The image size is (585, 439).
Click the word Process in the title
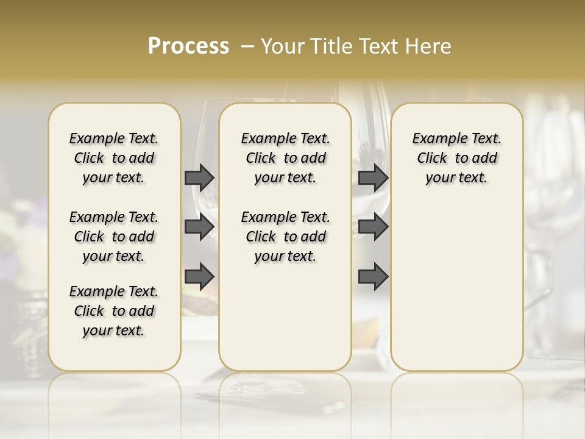tap(188, 46)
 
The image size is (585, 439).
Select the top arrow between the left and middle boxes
tap(199, 178)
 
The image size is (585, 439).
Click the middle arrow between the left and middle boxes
tap(199, 227)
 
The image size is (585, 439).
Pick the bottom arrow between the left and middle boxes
tap(199, 277)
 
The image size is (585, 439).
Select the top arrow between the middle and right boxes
tap(373, 178)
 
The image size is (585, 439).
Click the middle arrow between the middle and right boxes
tap(373, 227)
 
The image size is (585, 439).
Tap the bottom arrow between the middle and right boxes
tap(373, 277)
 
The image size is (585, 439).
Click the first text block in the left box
tap(114, 158)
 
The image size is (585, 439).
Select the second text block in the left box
tap(114, 237)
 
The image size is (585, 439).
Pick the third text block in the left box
tap(114, 311)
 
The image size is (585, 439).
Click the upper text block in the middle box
tap(285, 158)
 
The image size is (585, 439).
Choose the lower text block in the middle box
tap(285, 237)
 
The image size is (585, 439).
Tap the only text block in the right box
tap(456, 158)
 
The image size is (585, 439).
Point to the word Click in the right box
tap(432, 159)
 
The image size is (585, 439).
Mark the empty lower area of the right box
tap(456, 280)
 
